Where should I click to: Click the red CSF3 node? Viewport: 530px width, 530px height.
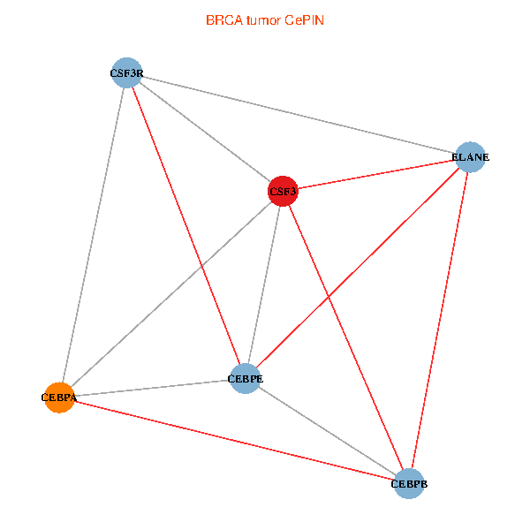coord(283,191)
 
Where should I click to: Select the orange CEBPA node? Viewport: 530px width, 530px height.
coord(58,397)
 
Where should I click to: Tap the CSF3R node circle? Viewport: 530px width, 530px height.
coord(127,73)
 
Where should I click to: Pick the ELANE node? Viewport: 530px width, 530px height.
coord(470,157)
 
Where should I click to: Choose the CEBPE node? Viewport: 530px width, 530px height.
coord(245,379)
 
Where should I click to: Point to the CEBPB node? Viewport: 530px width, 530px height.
coord(408,483)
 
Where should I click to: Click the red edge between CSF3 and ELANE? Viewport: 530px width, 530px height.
coord(376,174)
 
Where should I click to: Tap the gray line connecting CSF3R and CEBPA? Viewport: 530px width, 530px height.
coord(93,235)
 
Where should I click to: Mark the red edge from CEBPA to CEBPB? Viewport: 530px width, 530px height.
coord(233,440)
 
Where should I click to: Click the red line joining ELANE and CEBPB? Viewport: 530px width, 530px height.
coord(439,320)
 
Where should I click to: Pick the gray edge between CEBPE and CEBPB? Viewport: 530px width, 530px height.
coord(327,431)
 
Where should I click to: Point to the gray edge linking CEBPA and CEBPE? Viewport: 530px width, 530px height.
coord(151,389)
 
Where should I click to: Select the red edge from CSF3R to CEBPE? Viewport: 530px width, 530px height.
coord(185,226)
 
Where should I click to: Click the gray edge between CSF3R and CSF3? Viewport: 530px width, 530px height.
coord(205,132)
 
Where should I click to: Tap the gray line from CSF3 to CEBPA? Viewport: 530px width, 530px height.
coord(170,294)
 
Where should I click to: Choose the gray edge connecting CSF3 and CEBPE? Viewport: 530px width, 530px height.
coord(264,284)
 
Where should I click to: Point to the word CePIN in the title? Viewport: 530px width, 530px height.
coord(304,19)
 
